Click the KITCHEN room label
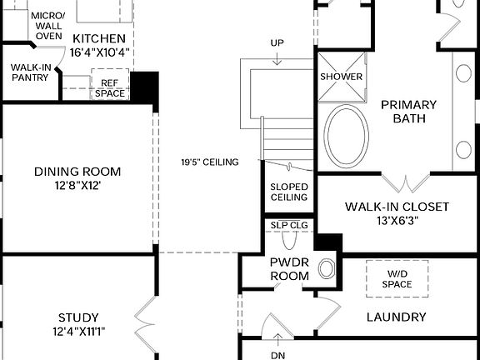click(x=99, y=39)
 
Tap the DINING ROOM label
click(x=77, y=172)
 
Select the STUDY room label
click(x=78, y=317)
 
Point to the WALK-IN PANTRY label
click(x=30, y=73)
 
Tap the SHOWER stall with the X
click(x=342, y=77)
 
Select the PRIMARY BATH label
click(x=408, y=112)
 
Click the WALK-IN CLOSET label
click(x=397, y=207)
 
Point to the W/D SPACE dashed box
click(x=397, y=278)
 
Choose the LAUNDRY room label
click(x=397, y=317)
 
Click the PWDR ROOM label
click(x=289, y=269)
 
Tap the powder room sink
click(x=327, y=268)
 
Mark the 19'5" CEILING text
click(x=210, y=162)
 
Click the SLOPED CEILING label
click(x=289, y=192)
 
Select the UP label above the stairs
click(x=277, y=42)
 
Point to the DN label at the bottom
click(x=278, y=355)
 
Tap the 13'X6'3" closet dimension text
click(x=397, y=221)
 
